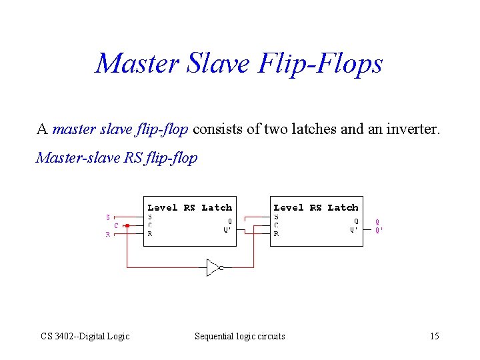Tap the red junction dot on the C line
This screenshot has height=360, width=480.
[127, 225]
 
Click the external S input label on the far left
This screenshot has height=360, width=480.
[108, 217]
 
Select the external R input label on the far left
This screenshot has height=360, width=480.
[108, 235]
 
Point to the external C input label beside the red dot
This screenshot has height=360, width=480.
[117, 225]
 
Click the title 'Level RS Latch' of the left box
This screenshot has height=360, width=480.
[189, 207]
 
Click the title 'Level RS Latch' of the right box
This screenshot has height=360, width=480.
[316, 207]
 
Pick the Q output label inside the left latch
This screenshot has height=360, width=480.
[230, 221]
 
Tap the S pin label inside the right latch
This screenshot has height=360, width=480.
[276, 217]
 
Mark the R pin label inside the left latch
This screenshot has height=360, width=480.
[150, 234]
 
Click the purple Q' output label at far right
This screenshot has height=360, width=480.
[379, 230]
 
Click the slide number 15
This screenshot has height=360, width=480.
[434, 336]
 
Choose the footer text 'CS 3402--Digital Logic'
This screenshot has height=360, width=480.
[85, 336]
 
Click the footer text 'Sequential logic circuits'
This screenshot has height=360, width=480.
[239, 336]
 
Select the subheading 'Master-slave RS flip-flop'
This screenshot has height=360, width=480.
[117, 158]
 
